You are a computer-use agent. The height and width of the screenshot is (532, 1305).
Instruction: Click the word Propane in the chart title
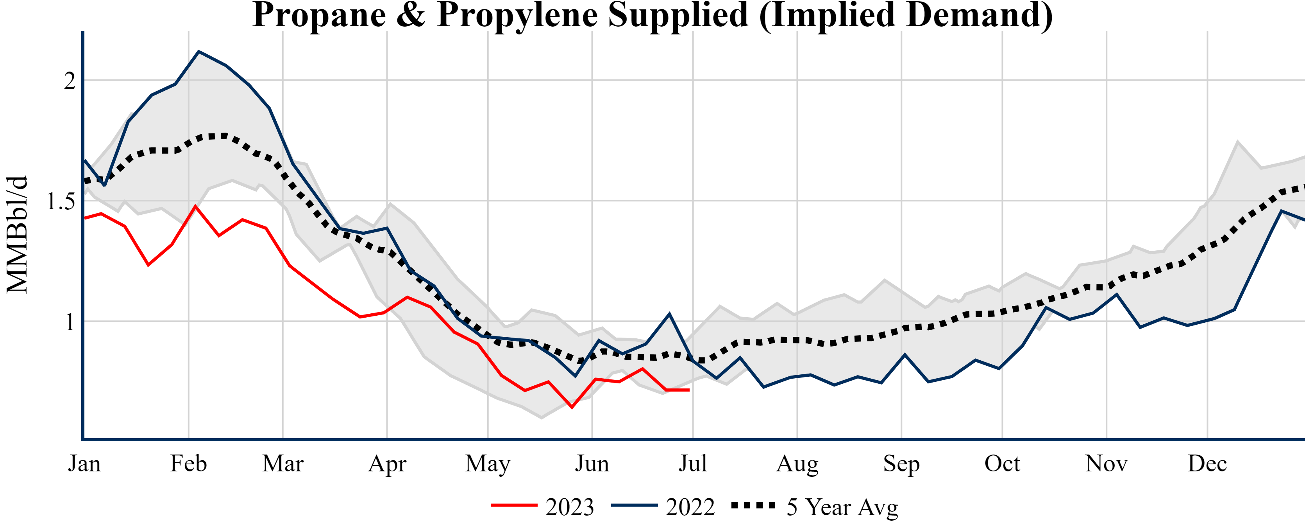(319, 15)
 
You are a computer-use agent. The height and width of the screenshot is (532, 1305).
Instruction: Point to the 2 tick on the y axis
(70, 81)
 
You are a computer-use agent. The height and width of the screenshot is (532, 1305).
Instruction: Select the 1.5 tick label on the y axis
(61, 201)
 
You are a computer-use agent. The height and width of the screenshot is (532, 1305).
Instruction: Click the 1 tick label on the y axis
(70, 322)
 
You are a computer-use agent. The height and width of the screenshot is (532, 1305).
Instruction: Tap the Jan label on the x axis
(84, 464)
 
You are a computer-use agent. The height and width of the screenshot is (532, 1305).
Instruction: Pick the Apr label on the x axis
(387, 464)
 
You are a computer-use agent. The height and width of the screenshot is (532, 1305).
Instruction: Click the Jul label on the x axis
(692, 464)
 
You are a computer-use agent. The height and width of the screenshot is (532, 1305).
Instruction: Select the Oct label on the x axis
(1002, 464)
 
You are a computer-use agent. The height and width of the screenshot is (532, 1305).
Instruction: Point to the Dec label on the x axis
(1207, 464)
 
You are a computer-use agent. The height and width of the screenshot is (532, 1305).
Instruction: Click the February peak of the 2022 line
(198, 51)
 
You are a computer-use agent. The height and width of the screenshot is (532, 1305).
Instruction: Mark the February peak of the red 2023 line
(195, 207)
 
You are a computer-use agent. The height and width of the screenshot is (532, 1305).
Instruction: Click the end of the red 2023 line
(689, 390)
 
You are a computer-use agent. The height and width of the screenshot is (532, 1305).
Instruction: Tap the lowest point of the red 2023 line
(572, 407)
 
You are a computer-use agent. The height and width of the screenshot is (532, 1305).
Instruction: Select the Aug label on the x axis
(797, 464)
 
